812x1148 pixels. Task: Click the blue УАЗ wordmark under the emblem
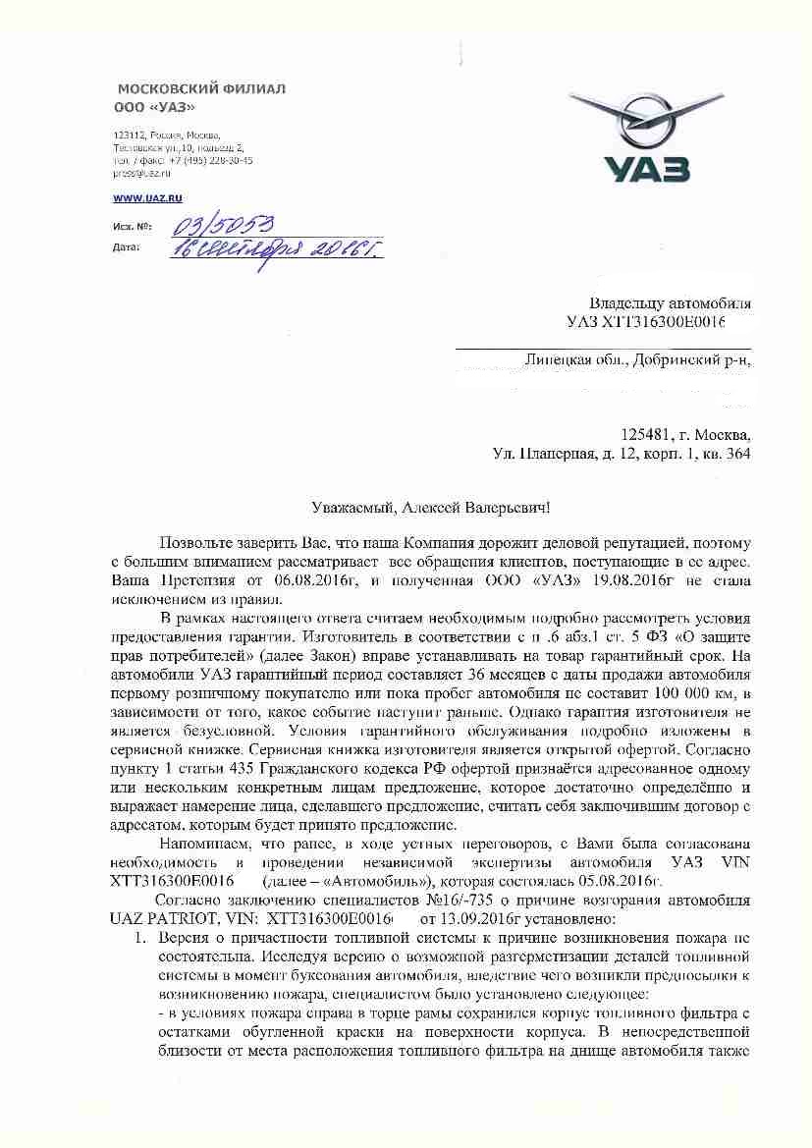646,169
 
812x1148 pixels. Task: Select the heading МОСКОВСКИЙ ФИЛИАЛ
201,89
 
